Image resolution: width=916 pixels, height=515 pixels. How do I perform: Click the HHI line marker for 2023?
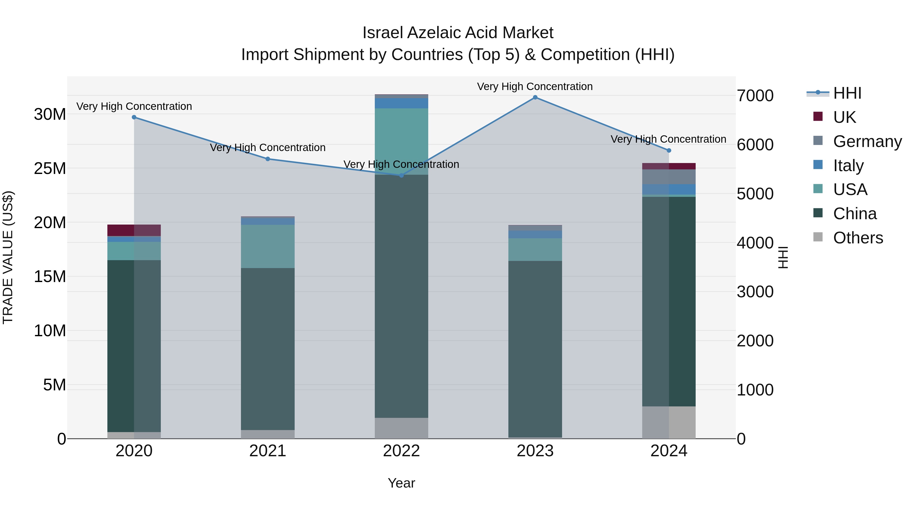point(535,97)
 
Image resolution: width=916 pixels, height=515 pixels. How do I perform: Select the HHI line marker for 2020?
point(134,117)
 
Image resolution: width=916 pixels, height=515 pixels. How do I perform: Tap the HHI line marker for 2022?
point(402,175)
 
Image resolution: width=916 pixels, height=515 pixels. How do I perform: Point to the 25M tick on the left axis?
point(50,168)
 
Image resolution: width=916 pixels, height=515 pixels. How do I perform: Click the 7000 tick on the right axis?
point(755,96)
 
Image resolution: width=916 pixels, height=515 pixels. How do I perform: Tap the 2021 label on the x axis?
point(268,451)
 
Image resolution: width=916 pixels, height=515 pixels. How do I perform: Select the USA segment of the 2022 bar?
point(402,141)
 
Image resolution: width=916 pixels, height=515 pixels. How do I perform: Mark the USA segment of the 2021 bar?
point(268,246)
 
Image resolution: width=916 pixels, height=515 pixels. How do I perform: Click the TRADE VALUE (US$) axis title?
point(8,257)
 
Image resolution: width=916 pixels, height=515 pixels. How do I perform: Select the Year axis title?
point(402,483)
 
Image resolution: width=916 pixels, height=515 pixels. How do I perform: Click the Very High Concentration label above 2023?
point(535,86)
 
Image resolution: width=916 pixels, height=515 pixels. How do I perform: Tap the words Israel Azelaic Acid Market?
point(458,33)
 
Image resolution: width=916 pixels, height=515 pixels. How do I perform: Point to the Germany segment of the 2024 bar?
point(669,177)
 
